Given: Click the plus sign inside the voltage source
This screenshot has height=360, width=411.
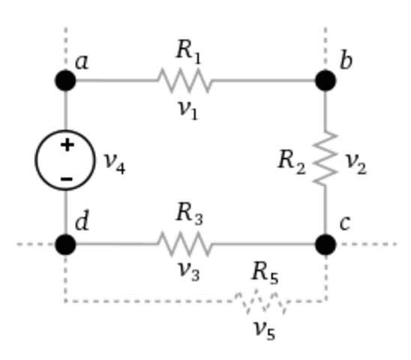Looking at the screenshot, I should click(x=67, y=145).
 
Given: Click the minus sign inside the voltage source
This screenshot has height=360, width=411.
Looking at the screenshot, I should click(x=67, y=178).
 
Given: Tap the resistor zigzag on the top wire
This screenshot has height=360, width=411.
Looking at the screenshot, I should click(x=184, y=80).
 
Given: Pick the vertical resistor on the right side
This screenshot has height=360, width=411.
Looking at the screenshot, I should click(x=325, y=159).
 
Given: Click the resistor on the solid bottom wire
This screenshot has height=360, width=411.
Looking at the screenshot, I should click(x=184, y=244).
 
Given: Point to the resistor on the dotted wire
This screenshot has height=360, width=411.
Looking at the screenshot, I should click(x=261, y=301).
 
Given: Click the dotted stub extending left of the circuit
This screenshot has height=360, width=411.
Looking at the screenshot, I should click(x=34, y=244).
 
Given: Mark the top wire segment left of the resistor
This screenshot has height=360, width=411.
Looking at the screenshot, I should click(x=116, y=80).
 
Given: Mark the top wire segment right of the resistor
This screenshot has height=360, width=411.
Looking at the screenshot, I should click(x=262, y=80).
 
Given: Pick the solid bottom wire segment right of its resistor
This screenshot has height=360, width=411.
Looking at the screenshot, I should click(x=262, y=244).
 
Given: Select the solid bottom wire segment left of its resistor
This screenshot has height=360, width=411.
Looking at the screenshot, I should click(x=116, y=244).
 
